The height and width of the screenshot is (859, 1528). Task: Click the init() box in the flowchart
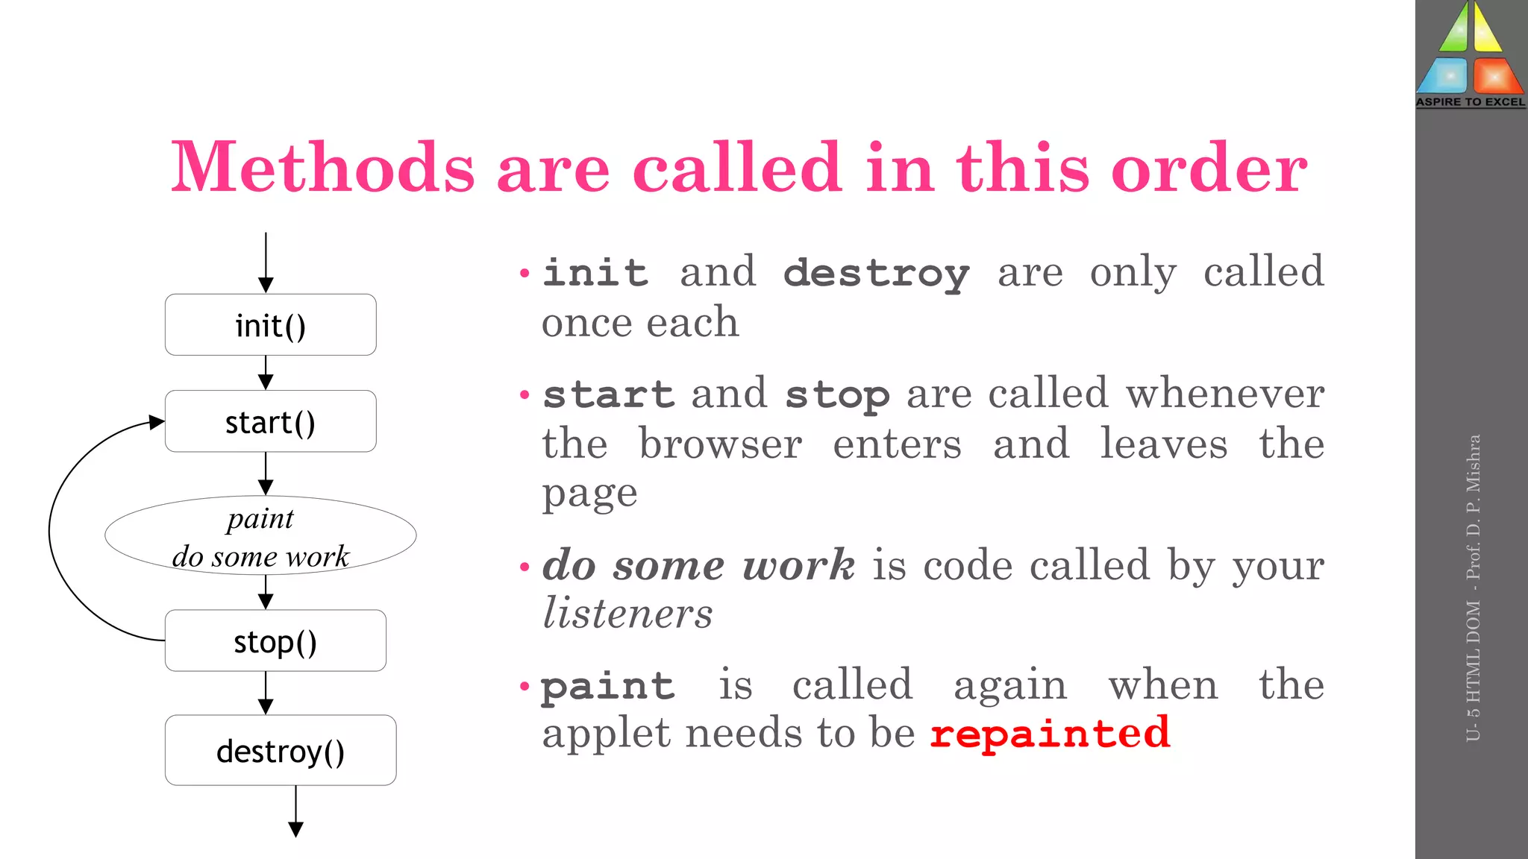pyautogui.click(x=270, y=325)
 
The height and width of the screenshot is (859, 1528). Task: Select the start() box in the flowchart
pyautogui.click(x=270, y=421)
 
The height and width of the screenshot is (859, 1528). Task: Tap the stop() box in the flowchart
pyautogui.click(x=275, y=641)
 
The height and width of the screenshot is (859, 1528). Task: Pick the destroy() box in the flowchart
pyautogui.click(x=281, y=750)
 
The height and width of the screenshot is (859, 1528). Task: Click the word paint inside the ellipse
pyautogui.click(x=260, y=519)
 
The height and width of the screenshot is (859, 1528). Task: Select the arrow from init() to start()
pyautogui.click(x=266, y=372)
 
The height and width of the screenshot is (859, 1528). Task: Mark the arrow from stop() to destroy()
pyautogui.click(x=266, y=693)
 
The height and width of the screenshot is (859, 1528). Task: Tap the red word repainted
pyautogui.click(x=1050, y=734)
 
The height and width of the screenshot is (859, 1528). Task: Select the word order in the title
pyautogui.click(x=1209, y=169)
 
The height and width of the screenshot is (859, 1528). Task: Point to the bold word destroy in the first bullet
pyautogui.click(x=877, y=273)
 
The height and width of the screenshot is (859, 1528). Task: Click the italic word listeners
pyautogui.click(x=627, y=613)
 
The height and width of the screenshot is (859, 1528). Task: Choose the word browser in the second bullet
pyautogui.click(x=720, y=444)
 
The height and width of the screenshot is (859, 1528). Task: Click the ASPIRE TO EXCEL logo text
pyautogui.click(x=1471, y=102)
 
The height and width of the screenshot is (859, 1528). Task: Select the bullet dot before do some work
pyautogui.click(x=525, y=567)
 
